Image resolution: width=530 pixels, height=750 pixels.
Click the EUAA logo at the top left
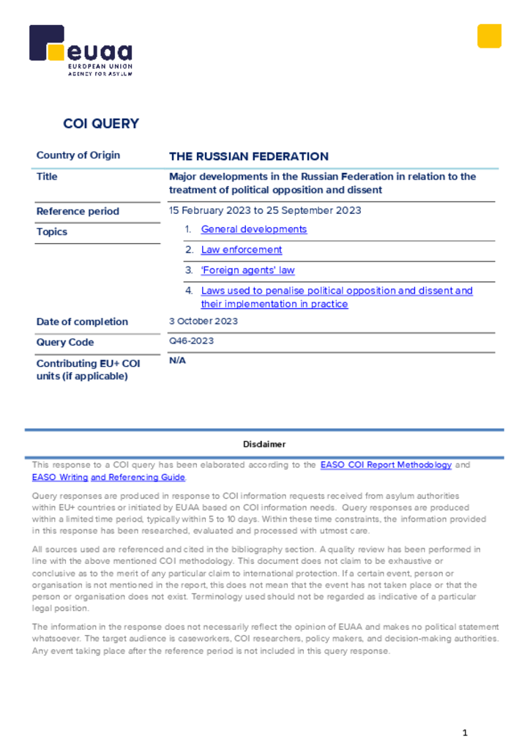click(81, 51)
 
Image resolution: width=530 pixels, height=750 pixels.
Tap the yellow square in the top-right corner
click(489, 36)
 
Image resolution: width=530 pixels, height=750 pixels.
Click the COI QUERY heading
click(101, 124)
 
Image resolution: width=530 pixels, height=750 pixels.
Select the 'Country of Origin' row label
click(78, 155)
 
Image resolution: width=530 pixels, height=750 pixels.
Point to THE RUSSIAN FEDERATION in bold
click(249, 156)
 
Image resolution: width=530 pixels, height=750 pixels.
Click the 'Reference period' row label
click(78, 212)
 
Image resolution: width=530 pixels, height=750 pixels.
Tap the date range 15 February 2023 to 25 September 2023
click(265, 211)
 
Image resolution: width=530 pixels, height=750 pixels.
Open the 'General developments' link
click(254, 229)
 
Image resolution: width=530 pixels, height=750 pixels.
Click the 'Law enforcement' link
click(242, 250)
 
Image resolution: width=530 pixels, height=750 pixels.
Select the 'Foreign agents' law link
click(248, 270)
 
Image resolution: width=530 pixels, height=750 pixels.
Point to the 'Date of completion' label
click(82, 322)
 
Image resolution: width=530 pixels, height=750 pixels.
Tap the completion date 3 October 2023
click(204, 322)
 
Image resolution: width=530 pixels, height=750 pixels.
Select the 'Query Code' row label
click(65, 342)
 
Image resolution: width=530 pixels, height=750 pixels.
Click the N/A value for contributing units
click(177, 361)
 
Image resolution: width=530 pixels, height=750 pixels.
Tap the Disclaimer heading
click(264, 445)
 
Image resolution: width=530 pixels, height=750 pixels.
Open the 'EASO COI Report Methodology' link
click(386, 465)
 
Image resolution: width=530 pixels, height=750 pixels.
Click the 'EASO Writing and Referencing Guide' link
click(108, 478)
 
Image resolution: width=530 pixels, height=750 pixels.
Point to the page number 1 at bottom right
click(465, 733)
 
